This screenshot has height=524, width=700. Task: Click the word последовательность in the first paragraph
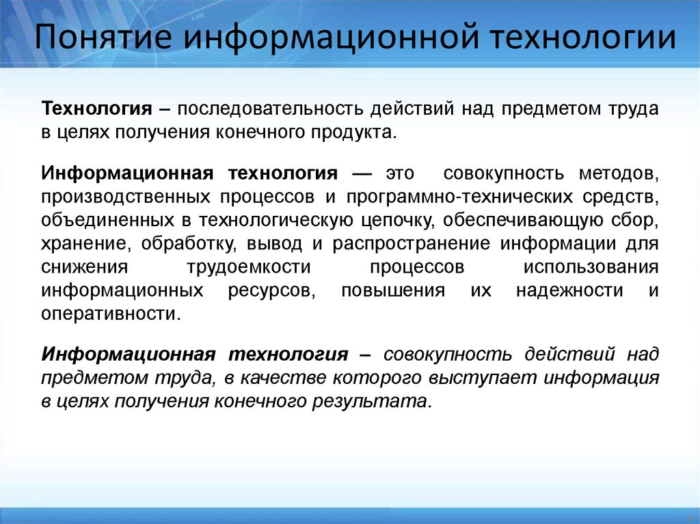(271, 109)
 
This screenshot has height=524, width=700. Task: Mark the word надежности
(569, 290)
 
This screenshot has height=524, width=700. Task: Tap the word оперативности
(111, 314)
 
